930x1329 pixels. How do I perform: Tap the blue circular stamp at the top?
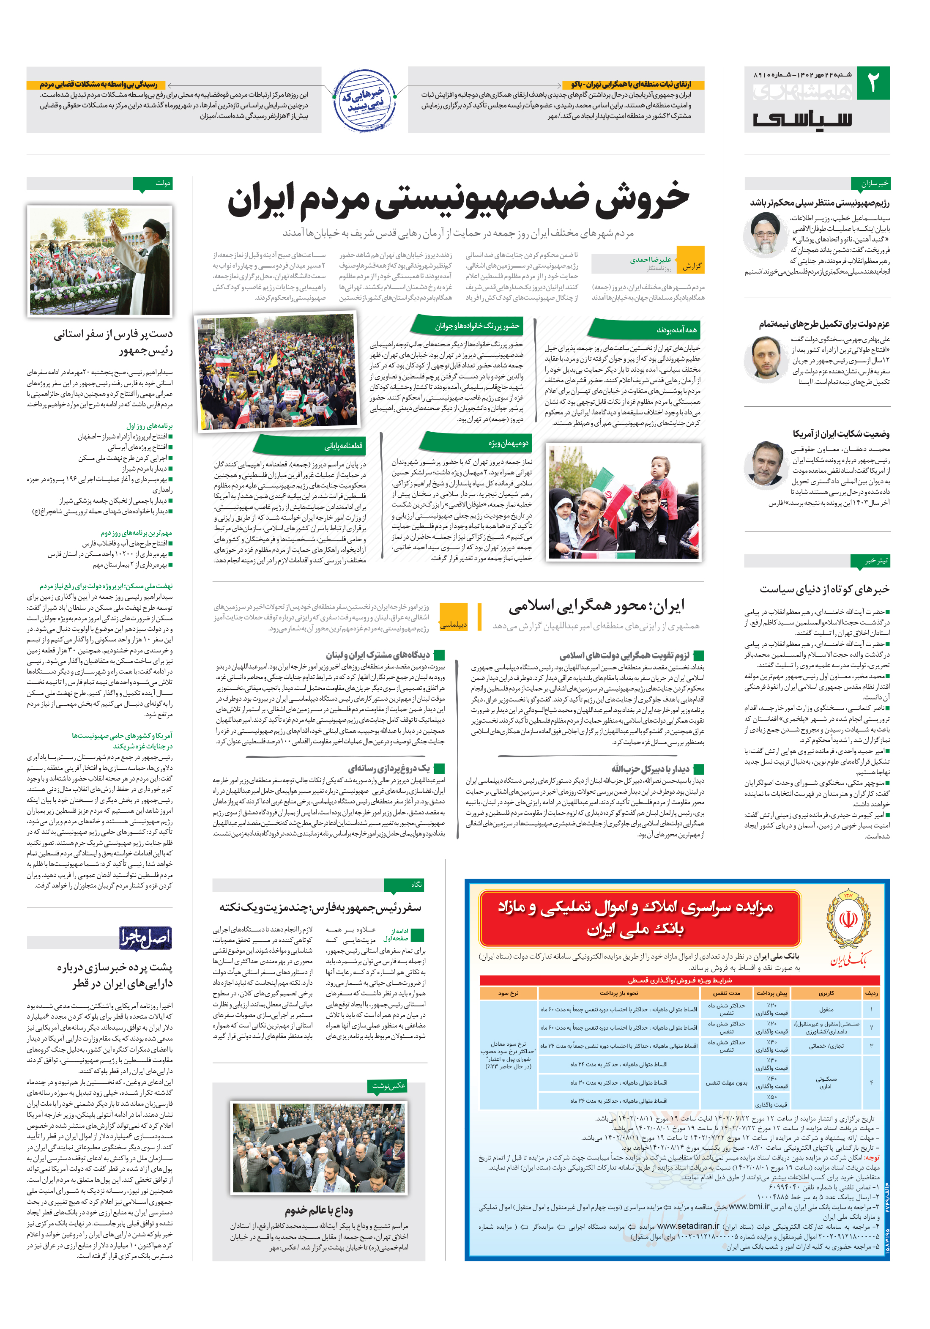tap(364, 101)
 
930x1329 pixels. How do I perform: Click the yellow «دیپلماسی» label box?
tap(453, 625)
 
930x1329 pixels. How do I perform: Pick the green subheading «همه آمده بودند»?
tap(676, 330)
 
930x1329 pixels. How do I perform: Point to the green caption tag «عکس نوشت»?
tap(388, 1086)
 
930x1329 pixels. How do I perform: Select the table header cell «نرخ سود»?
tap(508, 993)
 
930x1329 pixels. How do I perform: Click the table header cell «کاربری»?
tap(826, 993)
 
